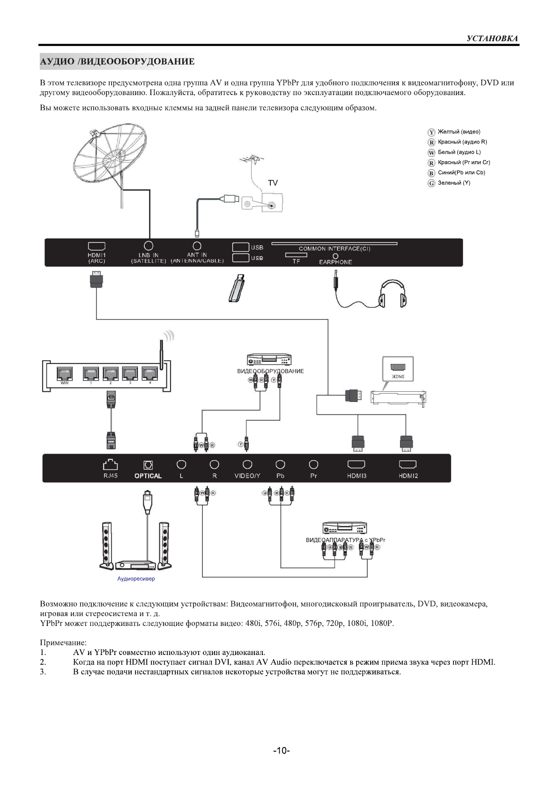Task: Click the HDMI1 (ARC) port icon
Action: (97, 246)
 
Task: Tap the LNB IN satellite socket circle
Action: (149, 246)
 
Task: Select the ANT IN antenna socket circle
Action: (197, 246)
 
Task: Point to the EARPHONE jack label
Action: (335, 262)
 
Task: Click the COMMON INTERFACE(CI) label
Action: (335, 249)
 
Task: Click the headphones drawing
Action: (393, 293)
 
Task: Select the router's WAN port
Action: (65, 374)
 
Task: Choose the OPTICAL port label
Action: (148, 476)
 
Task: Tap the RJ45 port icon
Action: (111, 464)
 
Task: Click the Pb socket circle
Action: (280, 464)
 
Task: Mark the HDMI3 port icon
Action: (357, 464)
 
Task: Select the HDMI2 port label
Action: (408, 476)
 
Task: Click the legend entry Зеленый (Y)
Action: (454, 183)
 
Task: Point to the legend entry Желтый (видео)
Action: (459, 132)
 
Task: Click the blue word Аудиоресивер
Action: (136, 579)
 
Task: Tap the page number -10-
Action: (282, 751)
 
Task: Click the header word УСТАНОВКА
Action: (492, 38)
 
